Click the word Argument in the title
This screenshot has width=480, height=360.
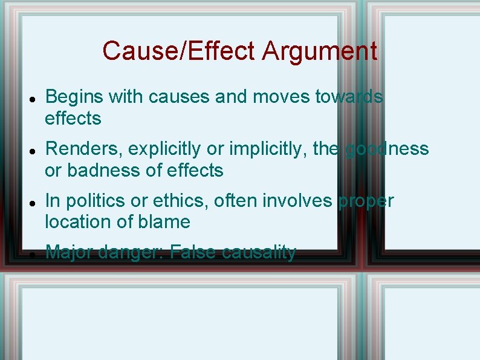click(x=320, y=51)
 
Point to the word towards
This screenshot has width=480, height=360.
click(x=349, y=97)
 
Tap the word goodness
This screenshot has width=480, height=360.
click(x=387, y=149)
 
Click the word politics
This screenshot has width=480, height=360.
click(x=99, y=201)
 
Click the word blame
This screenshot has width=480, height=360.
click(x=164, y=222)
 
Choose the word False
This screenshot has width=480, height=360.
click(x=193, y=252)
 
